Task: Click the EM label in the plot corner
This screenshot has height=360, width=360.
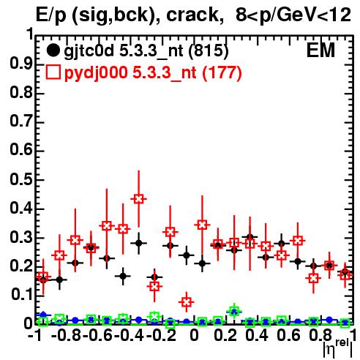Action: [x=320, y=50]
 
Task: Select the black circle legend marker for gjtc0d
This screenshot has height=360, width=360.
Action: [x=53, y=50]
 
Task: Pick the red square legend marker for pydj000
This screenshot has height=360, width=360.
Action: [x=53, y=72]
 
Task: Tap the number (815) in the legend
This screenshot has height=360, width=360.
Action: [x=209, y=51]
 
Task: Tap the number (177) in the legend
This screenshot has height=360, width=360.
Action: [x=222, y=72]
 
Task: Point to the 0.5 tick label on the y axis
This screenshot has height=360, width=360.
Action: [x=21, y=179]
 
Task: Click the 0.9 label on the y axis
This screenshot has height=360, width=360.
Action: [x=21, y=64]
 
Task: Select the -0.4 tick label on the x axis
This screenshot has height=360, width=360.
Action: [x=129, y=335]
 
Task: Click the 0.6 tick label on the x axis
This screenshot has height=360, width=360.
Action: [x=288, y=335]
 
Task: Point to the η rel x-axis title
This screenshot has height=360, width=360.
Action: [x=338, y=348]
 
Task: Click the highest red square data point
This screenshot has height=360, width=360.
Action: [x=138, y=199]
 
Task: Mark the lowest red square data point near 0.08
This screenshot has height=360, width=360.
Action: [x=187, y=302]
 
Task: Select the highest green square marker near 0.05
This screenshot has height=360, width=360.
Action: [x=234, y=312]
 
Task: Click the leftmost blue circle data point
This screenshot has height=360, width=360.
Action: [x=43, y=315]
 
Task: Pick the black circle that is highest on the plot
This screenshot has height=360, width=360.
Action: [x=250, y=237]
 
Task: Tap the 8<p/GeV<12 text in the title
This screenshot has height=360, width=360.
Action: [x=293, y=15]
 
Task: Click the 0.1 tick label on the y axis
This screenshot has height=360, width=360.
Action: [x=21, y=295]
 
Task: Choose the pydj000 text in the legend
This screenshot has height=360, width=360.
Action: [x=96, y=73]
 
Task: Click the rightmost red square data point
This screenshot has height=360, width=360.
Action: [x=345, y=275]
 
